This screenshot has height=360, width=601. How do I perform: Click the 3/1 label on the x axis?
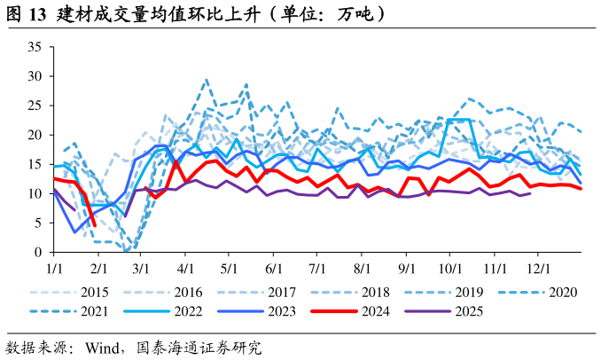tap(142, 265)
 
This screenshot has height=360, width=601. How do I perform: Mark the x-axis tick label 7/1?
tap(317, 265)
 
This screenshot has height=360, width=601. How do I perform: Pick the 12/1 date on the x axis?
tap(538, 265)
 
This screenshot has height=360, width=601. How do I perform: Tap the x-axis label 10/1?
tap(449, 265)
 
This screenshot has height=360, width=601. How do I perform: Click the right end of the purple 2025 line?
tap(530, 192)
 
